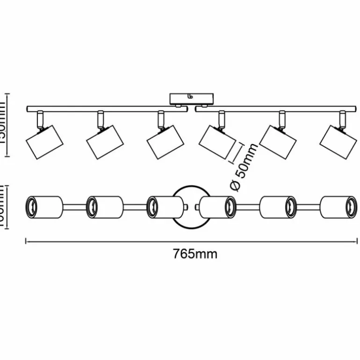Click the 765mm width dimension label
click(195, 254)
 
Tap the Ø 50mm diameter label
click(245, 167)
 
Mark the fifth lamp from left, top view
click(278, 206)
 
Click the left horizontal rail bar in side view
click(107, 109)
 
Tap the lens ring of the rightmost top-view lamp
click(351, 206)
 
